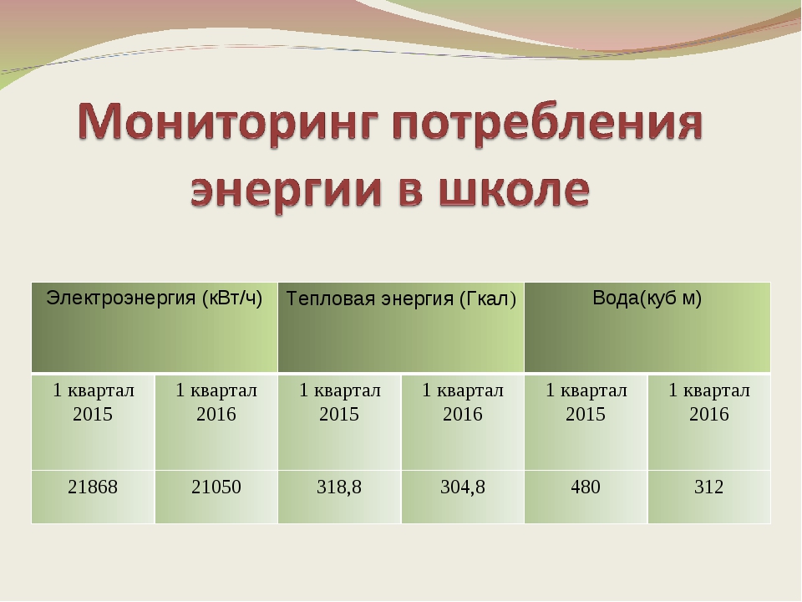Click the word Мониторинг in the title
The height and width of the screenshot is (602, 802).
[x=228, y=124]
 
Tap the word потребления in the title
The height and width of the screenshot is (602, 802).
[x=548, y=124]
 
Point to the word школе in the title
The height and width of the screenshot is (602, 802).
[x=515, y=190]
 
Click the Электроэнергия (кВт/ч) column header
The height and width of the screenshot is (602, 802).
[x=154, y=298]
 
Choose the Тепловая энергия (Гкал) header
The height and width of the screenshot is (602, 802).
[x=401, y=298]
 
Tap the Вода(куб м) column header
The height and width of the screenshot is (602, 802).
[x=647, y=298]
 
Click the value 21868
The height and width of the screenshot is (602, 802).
[x=93, y=487]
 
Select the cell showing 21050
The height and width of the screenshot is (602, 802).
[x=216, y=487]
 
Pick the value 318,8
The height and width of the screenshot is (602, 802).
[x=339, y=487]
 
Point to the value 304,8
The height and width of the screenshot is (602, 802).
[x=463, y=487]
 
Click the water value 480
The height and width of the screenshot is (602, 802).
[x=586, y=487]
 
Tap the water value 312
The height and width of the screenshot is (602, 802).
[x=709, y=487]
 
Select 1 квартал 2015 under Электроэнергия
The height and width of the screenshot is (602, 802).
[x=93, y=402]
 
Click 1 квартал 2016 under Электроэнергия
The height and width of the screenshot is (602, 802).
[x=216, y=402]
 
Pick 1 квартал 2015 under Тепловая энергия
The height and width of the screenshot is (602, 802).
[x=340, y=402]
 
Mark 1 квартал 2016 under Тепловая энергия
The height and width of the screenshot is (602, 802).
[x=463, y=402]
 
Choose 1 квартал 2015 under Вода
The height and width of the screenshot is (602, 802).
[x=586, y=402]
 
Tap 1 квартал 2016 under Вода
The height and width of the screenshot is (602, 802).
[x=709, y=402]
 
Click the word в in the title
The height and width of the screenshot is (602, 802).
[x=410, y=191]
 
